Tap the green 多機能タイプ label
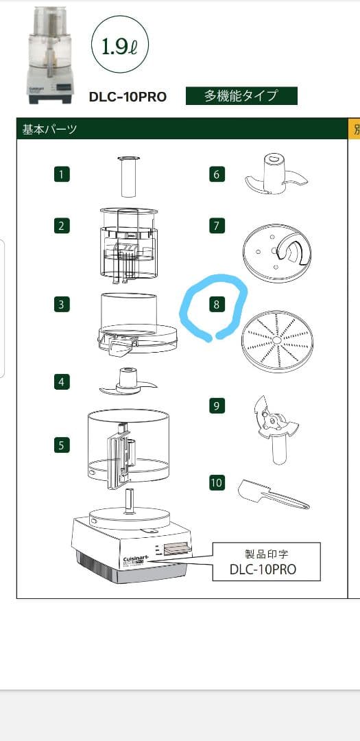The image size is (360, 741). pos(241,96)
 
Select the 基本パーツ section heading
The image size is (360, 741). pos(49,128)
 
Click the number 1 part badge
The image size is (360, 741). pos(62,174)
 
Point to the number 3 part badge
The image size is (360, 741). pos(62,305)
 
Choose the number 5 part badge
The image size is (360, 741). pos(62,445)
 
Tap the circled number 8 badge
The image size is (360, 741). pos(217,305)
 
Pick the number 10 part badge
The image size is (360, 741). pos(217,482)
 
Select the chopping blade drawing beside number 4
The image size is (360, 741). pos(127,382)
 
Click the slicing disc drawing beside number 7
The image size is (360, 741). pos(277,253)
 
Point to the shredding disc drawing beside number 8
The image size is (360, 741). pos(277,341)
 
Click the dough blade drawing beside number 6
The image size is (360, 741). pos(277,173)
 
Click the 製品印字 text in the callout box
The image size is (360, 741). pos(267,554)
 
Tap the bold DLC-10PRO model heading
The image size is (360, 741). pos(128,97)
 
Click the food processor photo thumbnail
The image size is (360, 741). pos(51,54)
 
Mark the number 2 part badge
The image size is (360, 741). pos(62,226)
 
